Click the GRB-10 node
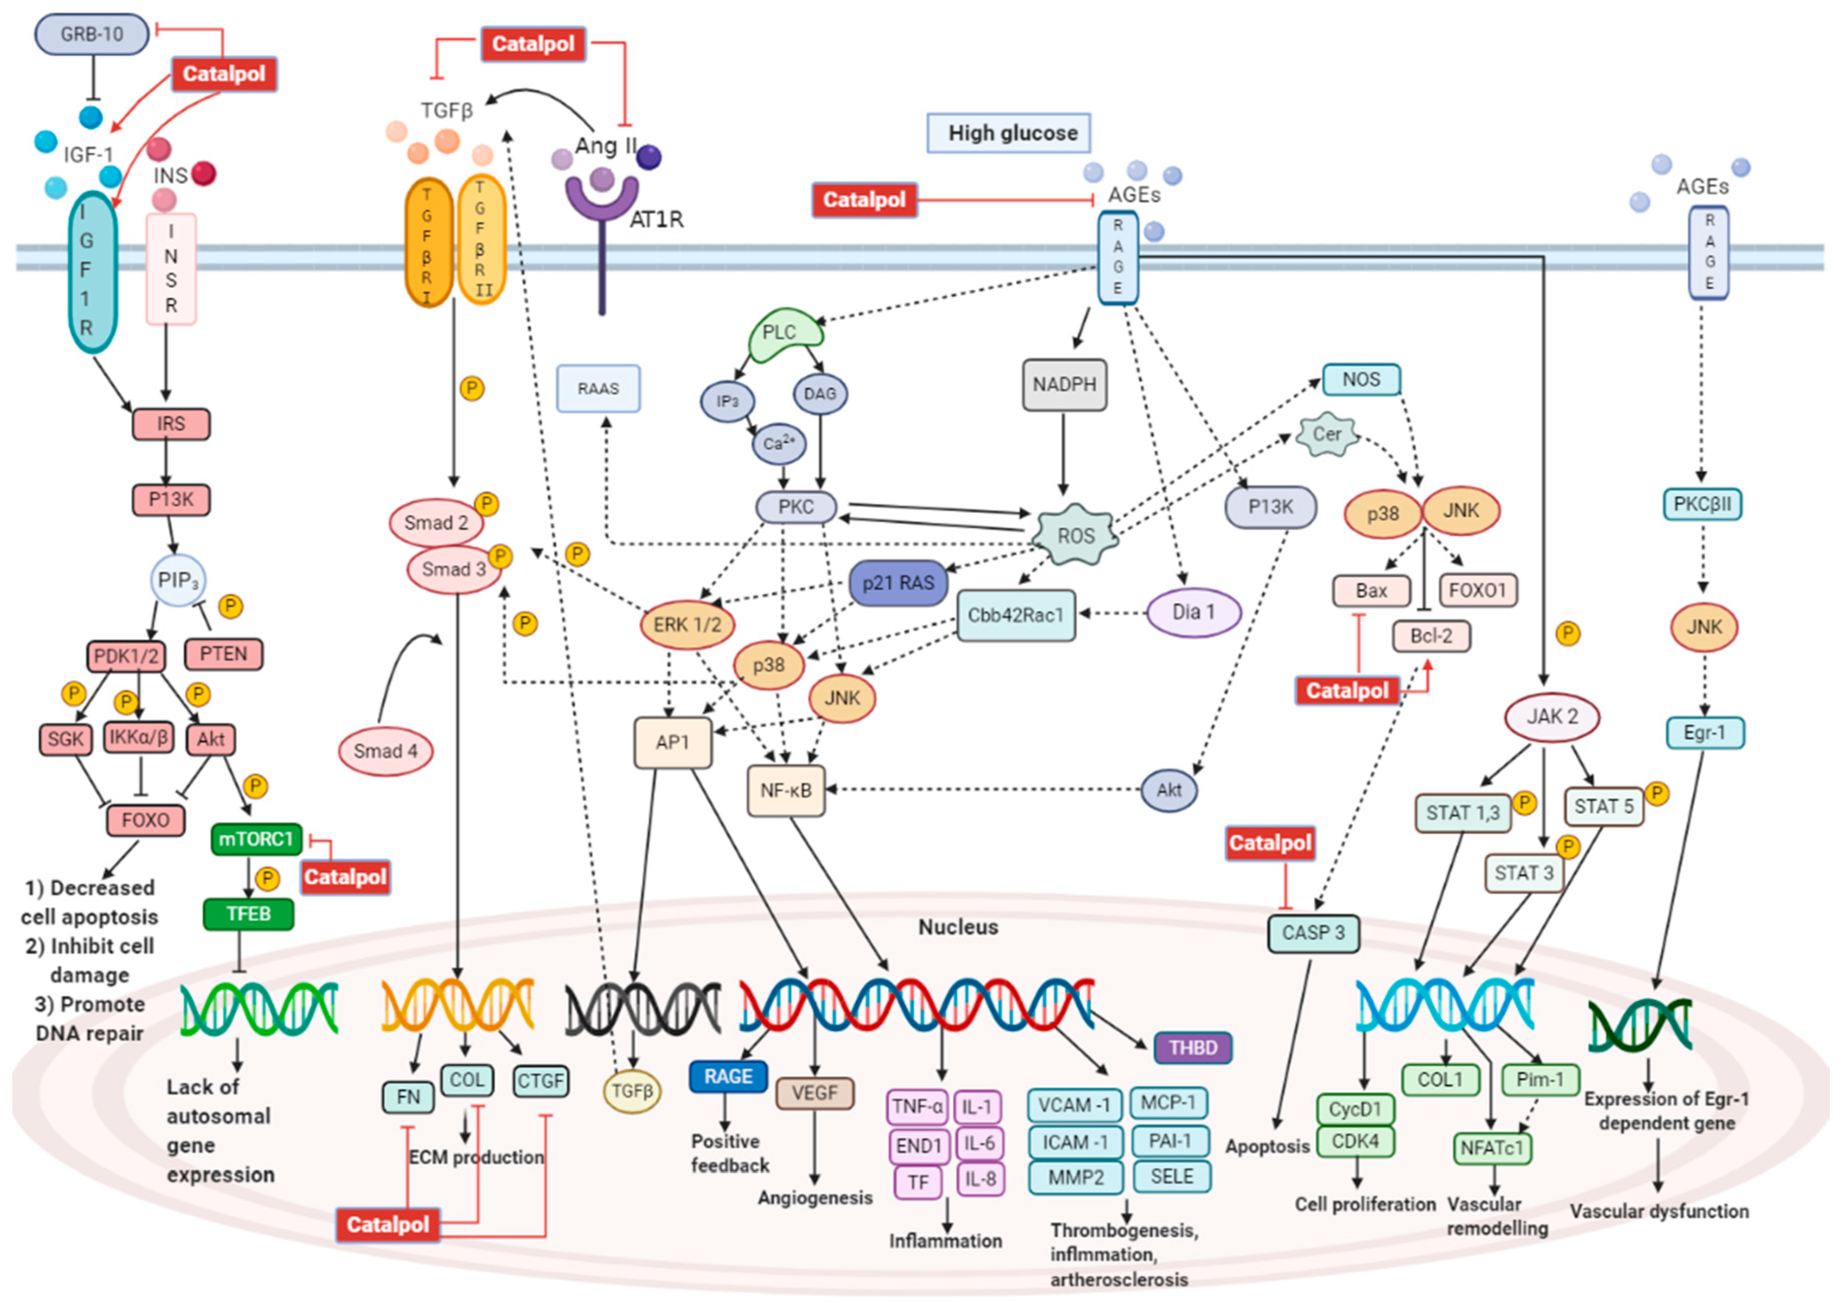[91, 34]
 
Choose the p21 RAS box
[897, 583]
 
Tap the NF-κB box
[785, 790]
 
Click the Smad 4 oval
[385, 751]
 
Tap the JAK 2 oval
[1551, 716]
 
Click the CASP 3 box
[1312, 933]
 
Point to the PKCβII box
[1701, 504]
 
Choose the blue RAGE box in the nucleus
[727, 1076]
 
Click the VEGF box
[814, 1093]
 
